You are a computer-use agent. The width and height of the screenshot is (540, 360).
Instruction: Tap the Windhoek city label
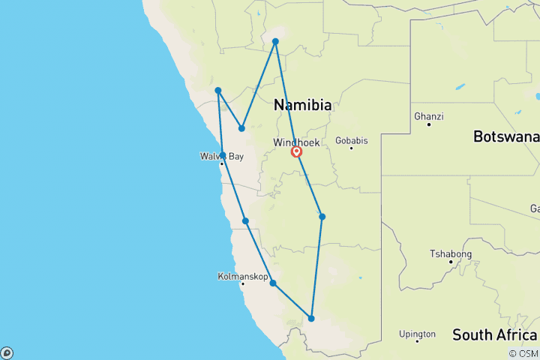pyautogui.click(x=297, y=142)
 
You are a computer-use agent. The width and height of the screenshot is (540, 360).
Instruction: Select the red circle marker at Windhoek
pyautogui.click(x=297, y=152)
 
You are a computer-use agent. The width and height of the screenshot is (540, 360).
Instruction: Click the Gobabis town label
pyautogui.click(x=351, y=140)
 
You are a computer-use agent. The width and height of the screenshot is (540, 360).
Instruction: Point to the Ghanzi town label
pyautogui.click(x=428, y=116)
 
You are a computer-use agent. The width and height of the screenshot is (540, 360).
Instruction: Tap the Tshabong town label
pyautogui.click(x=450, y=253)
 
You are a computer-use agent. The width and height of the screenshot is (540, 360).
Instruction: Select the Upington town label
pyautogui.click(x=417, y=334)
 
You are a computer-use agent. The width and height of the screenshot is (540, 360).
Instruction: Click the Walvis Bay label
pyautogui.click(x=221, y=156)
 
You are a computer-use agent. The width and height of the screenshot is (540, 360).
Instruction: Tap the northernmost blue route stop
pyautogui.click(x=275, y=41)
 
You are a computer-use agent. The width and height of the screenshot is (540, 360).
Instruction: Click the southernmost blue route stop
pyautogui.click(x=311, y=319)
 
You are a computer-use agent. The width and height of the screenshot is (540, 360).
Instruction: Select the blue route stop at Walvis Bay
pyautogui.click(x=223, y=155)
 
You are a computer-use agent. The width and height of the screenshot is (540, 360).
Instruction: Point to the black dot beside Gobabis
pyautogui.click(x=351, y=148)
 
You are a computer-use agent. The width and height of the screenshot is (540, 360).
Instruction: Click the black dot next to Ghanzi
pyautogui.click(x=428, y=124)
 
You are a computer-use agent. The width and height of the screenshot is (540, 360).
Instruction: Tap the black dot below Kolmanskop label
pyautogui.click(x=242, y=284)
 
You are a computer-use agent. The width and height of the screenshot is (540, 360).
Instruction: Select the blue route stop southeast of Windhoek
pyautogui.click(x=322, y=217)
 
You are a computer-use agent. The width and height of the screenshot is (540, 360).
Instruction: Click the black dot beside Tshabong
pyautogui.click(x=450, y=261)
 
